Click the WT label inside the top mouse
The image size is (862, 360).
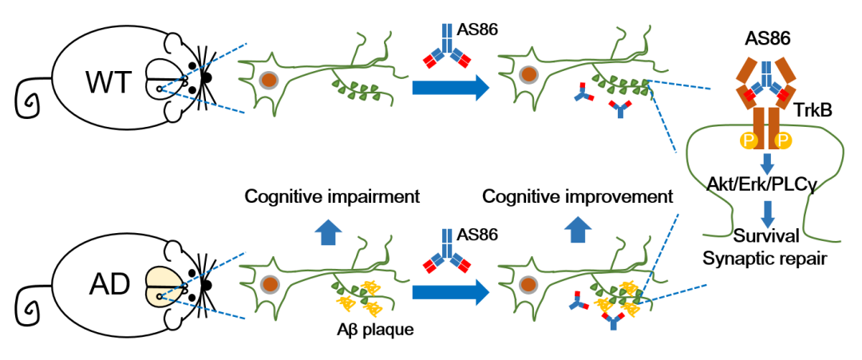107,82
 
